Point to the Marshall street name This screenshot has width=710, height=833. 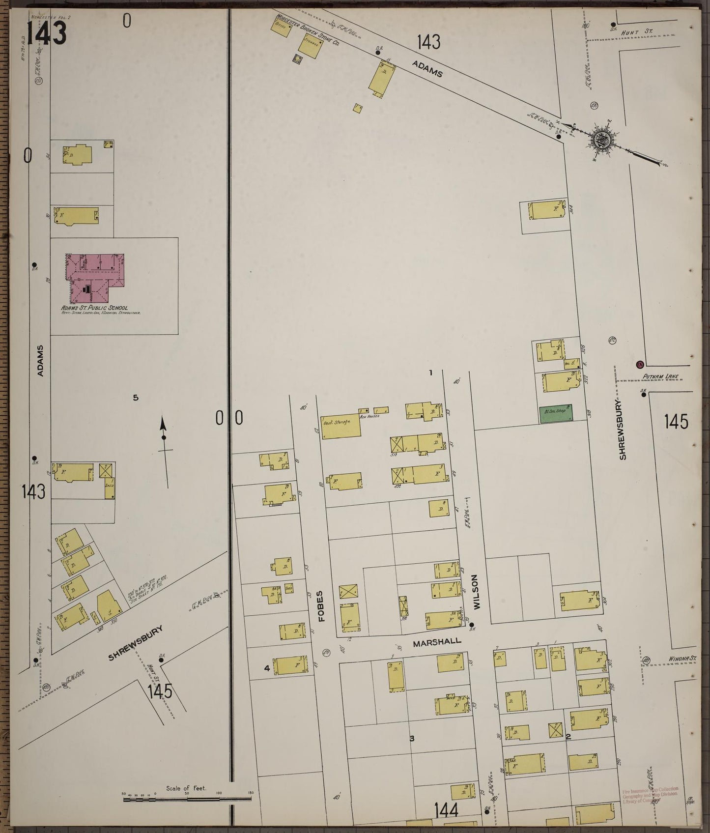(437, 641)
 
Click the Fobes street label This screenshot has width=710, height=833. (322, 606)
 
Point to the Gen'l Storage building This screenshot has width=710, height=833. (341, 427)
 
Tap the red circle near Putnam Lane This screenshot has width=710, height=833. (639, 365)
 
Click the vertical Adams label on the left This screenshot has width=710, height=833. (41, 361)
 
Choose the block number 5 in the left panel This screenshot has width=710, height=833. (136, 398)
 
